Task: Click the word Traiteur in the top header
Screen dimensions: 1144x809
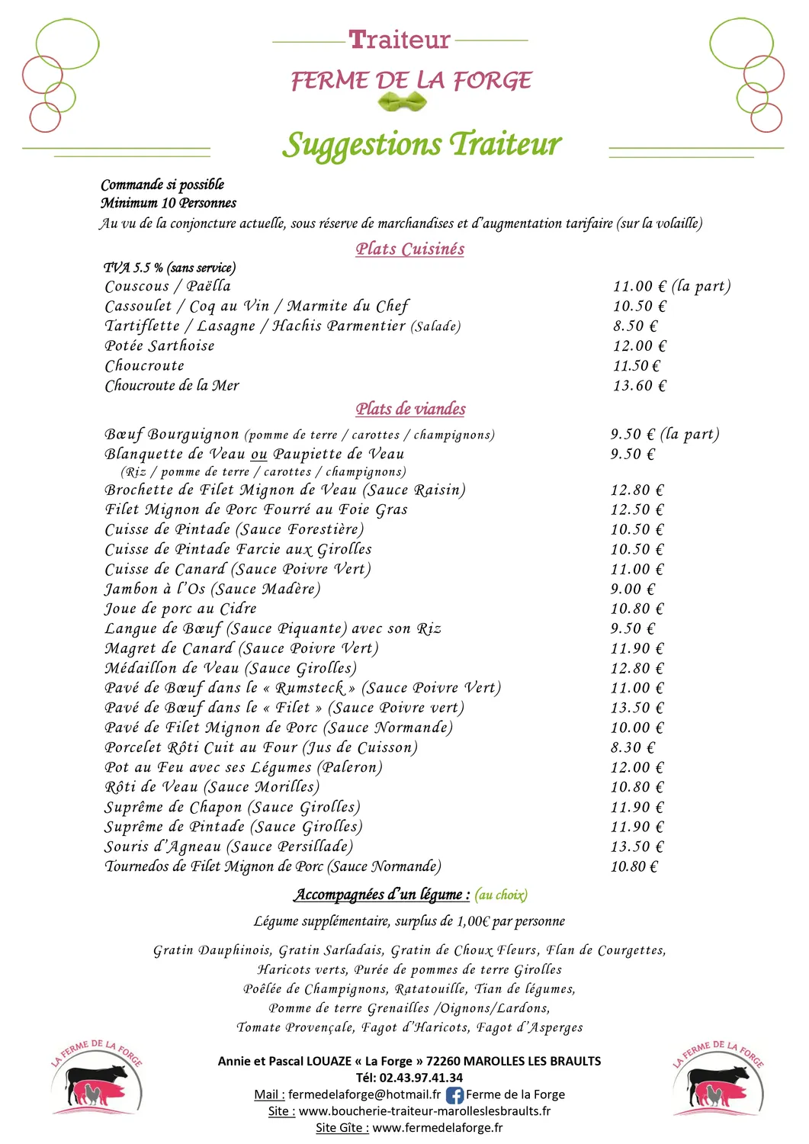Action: click(400, 40)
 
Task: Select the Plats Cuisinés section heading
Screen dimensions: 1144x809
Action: click(409, 249)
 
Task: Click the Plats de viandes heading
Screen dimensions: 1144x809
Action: click(410, 409)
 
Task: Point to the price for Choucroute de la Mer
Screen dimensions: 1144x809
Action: click(639, 386)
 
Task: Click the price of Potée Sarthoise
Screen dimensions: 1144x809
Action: click(639, 346)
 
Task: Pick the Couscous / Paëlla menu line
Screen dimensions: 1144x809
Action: click(168, 287)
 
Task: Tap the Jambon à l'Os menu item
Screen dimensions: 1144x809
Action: click(212, 589)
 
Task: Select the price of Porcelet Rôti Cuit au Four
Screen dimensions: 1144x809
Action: click(632, 748)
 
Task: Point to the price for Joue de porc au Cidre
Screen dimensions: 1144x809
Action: click(637, 609)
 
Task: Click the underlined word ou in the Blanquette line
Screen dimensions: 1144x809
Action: click(259, 455)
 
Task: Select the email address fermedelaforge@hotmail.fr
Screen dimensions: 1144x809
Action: click(364, 1095)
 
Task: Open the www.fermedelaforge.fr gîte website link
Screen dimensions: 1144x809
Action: click(437, 1128)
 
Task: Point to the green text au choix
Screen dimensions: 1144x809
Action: click(501, 895)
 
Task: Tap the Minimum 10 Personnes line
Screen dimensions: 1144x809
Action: click(169, 204)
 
